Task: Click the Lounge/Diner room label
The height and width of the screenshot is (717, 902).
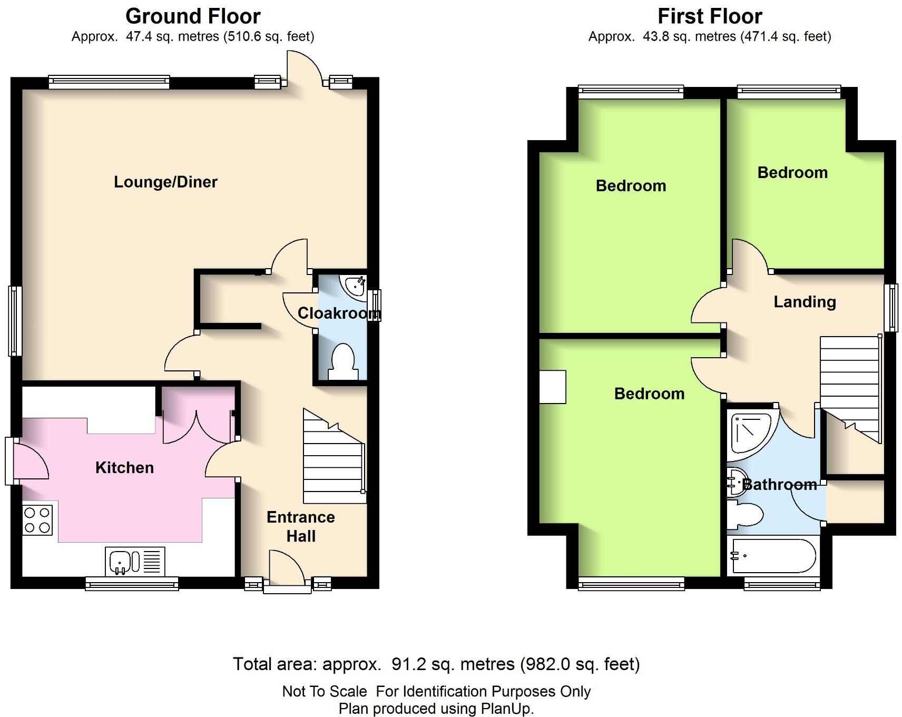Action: pos(165,182)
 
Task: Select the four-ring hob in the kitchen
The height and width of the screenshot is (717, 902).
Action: pos(37,520)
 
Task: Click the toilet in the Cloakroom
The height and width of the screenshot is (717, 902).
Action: pos(343,361)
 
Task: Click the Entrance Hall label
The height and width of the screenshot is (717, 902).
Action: pos(300,526)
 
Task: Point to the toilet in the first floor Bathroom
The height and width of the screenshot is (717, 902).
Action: pos(745,514)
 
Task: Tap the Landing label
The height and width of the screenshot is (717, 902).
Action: pos(805,302)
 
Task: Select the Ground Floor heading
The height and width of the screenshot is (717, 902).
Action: pos(193,16)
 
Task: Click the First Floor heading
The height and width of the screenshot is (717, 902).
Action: pos(710,16)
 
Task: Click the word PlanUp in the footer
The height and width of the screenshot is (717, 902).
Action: pos(506,709)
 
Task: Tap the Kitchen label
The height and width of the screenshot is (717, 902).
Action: pos(125,467)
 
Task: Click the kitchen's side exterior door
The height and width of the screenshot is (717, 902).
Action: pos(29,460)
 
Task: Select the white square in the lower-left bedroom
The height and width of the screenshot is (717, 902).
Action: pos(553,387)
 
